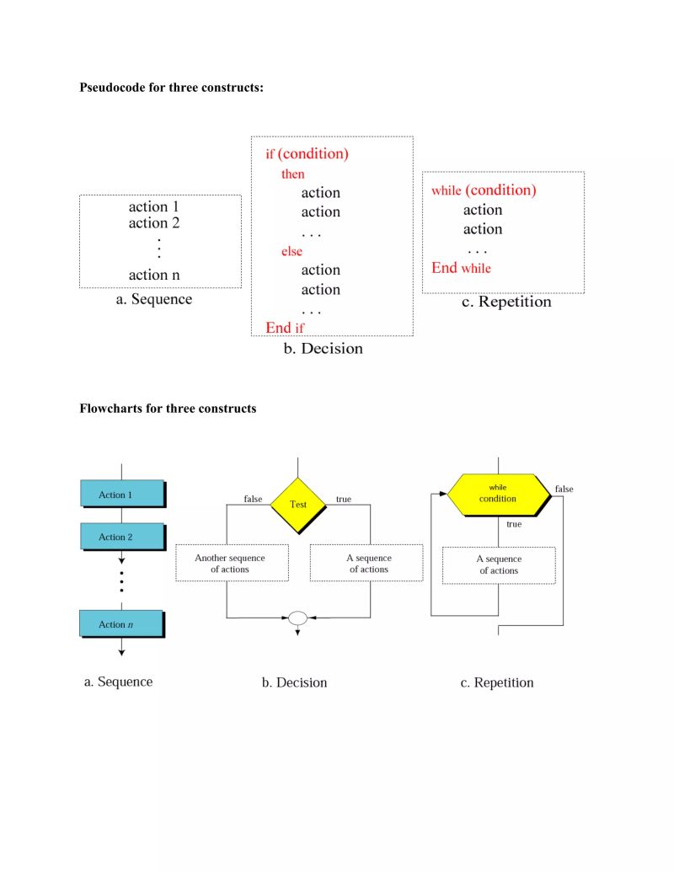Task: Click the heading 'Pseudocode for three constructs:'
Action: [x=171, y=87]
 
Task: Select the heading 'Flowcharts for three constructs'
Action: [x=168, y=409]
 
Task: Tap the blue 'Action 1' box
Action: [x=121, y=494]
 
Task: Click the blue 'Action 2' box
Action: [x=121, y=537]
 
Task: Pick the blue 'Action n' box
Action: [x=120, y=624]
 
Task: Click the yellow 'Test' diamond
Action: [x=298, y=504]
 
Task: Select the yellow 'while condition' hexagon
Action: [x=498, y=494]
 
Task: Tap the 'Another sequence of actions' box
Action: [x=231, y=563]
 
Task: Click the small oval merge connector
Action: [x=297, y=618]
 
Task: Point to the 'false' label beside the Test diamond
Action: [x=253, y=499]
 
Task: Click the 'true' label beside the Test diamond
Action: [x=344, y=499]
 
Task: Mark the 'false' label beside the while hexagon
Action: [x=564, y=489]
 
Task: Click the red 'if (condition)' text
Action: [x=307, y=154]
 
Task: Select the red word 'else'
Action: [x=292, y=251]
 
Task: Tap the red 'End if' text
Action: [x=286, y=328]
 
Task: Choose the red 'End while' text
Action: [x=461, y=268]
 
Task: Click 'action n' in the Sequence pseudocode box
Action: [x=153, y=275]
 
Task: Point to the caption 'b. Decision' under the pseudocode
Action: [x=323, y=349]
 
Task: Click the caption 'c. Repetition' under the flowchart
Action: [x=497, y=682]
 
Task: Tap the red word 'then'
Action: [x=292, y=174]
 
